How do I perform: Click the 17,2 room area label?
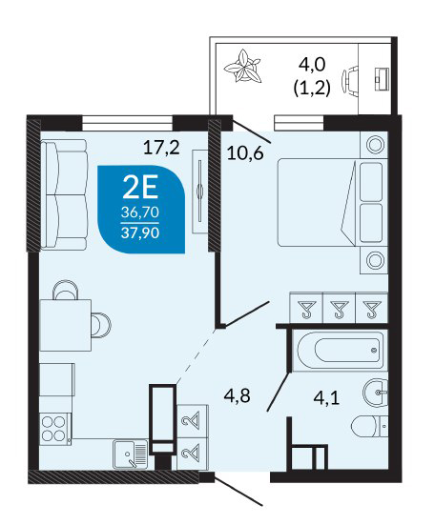(x=161, y=148)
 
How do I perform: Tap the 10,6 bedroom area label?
(x=245, y=153)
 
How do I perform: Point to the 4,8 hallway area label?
(x=238, y=396)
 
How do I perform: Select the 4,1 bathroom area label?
(x=326, y=398)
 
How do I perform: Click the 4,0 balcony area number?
(x=312, y=64)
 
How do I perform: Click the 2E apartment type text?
(x=140, y=188)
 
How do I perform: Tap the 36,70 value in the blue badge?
(x=140, y=212)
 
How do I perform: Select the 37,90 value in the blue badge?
(x=140, y=232)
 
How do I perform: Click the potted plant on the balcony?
(x=242, y=67)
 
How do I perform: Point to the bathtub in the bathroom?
(x=341, y=351)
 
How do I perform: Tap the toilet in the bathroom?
(x=369, y=426)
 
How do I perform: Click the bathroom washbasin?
(x=375, y=392)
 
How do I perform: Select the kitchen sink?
(x=131, y=454)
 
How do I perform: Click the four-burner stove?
(x=55, y=429)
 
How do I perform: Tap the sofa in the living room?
(x=64, y=194)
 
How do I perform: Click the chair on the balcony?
(x=349, y=81)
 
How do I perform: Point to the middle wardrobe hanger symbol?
(x=340, y=309)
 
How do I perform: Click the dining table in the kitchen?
(x=66, y=325)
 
